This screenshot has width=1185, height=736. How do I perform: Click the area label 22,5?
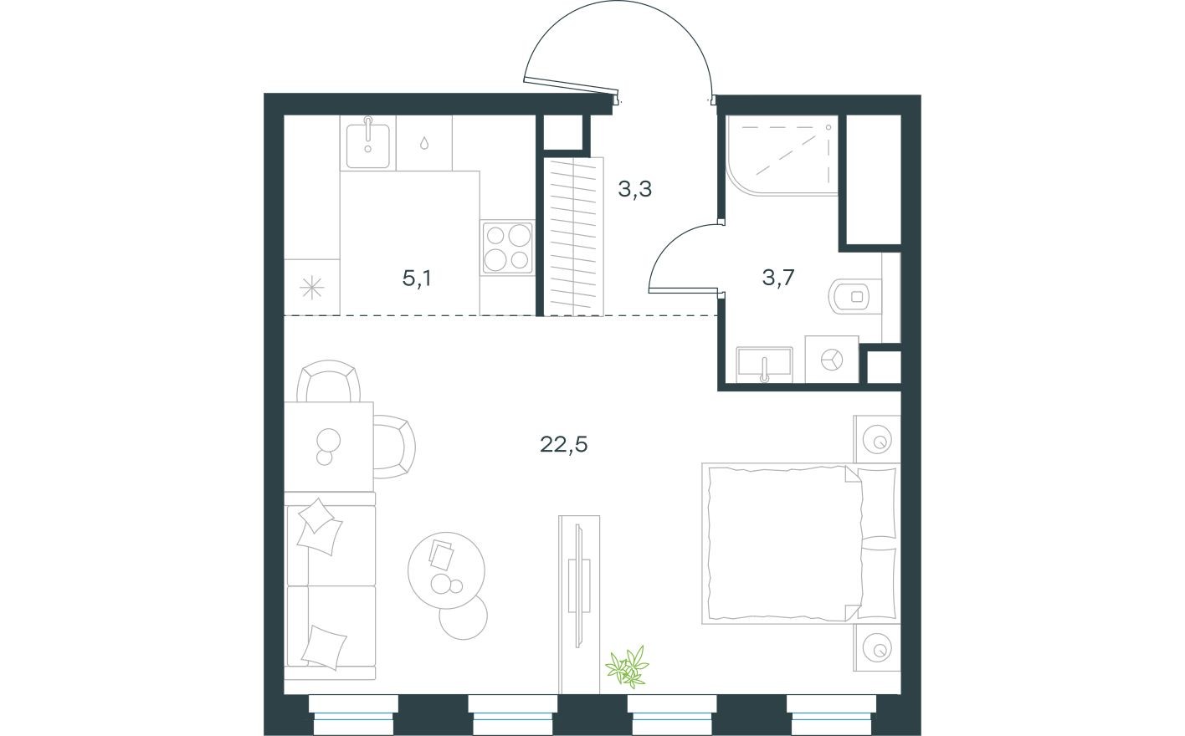click(x=563, y=444)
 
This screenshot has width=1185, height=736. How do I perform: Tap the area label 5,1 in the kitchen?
click(x=417, y=279)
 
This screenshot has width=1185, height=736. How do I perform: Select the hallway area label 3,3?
click(x=634, y=190)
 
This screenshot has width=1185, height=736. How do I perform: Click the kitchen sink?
click(x=367, y=141)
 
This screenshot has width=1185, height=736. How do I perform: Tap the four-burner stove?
click(x=506, y=248)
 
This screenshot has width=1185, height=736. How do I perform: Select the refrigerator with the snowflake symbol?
click(x=311, y=288)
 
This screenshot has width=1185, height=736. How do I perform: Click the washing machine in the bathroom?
click(x=832, y=360)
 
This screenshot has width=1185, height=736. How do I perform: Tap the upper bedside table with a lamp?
click(x=877, y=438)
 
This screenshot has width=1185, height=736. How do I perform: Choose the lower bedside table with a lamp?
click(x=877, y=647)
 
